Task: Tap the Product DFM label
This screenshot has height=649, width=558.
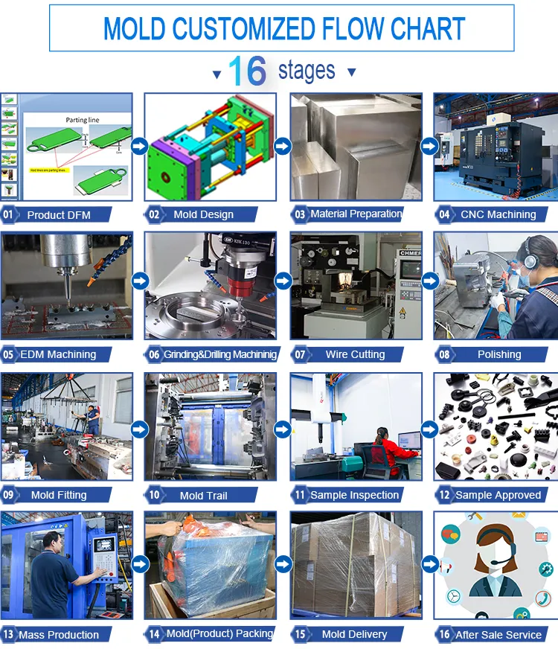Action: coord(59,215)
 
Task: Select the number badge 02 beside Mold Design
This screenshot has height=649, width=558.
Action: coord(154,215)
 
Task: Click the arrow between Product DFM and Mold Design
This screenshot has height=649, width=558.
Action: coord(138,146)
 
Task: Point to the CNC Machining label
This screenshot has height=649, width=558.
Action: coord(498,214)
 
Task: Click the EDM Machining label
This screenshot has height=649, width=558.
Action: coord(60,354)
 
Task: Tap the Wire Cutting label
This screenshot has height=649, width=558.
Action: coord(355,354)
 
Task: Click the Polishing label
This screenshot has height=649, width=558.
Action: coord(499,354)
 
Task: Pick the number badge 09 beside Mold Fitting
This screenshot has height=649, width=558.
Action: coord(9,495)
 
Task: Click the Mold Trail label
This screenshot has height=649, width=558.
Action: coord(203,495)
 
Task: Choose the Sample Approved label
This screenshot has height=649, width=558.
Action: coord(498,495)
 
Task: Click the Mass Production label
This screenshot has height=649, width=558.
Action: coord(59,635)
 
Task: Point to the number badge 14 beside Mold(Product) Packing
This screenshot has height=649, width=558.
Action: coord(154,635)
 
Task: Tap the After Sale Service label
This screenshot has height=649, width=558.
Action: coord(498,635)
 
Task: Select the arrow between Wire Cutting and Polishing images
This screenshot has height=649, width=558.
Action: coord(429,281)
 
